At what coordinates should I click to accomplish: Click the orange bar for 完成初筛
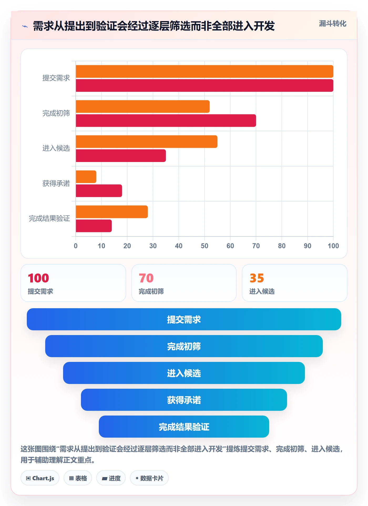[143, 107]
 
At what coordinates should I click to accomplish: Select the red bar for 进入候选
[121, 156]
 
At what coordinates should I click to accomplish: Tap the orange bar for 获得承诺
[86, 177]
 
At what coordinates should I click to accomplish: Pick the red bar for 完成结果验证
[94, 226]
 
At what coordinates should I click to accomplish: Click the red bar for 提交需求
[205, 85]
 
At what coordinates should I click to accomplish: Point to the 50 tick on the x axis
[205, 246]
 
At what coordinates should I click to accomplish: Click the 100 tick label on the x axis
[333, 246]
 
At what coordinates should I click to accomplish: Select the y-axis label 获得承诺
[56, 183]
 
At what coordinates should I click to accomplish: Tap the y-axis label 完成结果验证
[49, 218]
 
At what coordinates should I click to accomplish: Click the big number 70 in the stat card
[146, 278]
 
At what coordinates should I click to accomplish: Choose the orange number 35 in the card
[257, 278]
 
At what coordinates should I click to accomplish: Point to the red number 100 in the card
[38, 278]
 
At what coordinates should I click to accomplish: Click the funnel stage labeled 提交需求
[184, 319]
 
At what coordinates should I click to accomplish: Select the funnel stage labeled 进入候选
[184, 373]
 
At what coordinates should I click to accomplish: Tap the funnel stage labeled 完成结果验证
[184, 427]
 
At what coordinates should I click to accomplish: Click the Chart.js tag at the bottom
[40, 478]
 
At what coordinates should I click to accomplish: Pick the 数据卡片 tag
[149, 478]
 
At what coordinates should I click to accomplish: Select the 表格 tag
[78, 478]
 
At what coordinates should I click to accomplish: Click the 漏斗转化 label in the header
[333, 24]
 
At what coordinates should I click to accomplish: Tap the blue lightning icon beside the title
[25, 26]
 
